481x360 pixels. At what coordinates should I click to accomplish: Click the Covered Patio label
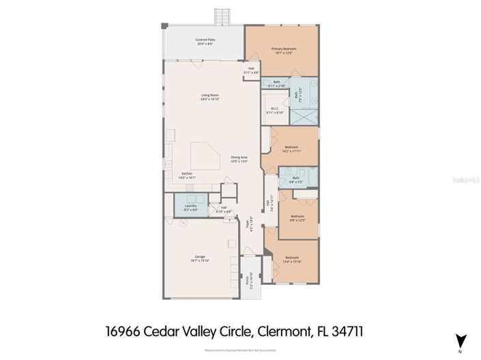tap(205, 40)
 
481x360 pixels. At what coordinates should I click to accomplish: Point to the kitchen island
tap(204, 157)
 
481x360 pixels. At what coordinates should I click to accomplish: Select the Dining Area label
tap(239, 157)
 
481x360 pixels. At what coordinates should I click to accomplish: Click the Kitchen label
tap(187, 174)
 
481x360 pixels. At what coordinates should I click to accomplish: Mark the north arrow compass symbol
tap(461, 340)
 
